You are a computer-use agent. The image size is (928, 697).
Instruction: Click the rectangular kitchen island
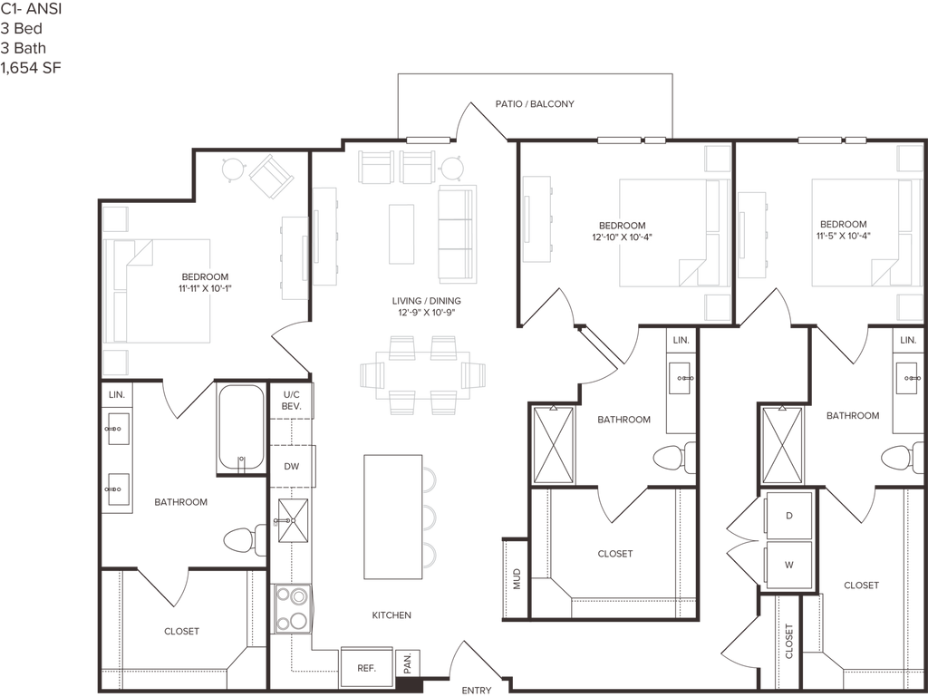(x=392, y=516)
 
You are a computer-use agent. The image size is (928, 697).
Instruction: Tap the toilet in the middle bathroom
(x=672, y=458)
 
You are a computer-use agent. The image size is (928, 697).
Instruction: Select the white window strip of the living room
(x=428, y=140)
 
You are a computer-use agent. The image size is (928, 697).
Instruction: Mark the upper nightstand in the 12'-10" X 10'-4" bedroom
(x=717, y=159)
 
